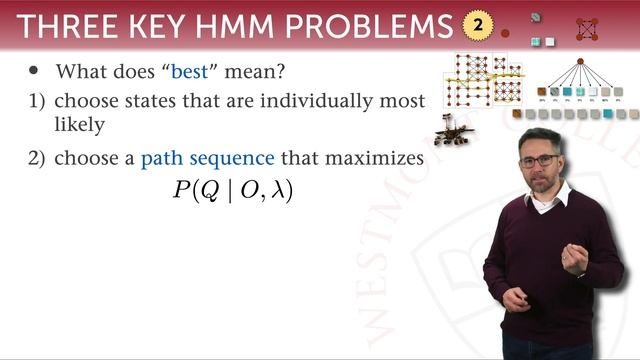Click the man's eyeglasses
point(540,159)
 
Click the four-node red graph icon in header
point(587,29)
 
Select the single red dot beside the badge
point(505,33)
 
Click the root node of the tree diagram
point(579,61)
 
